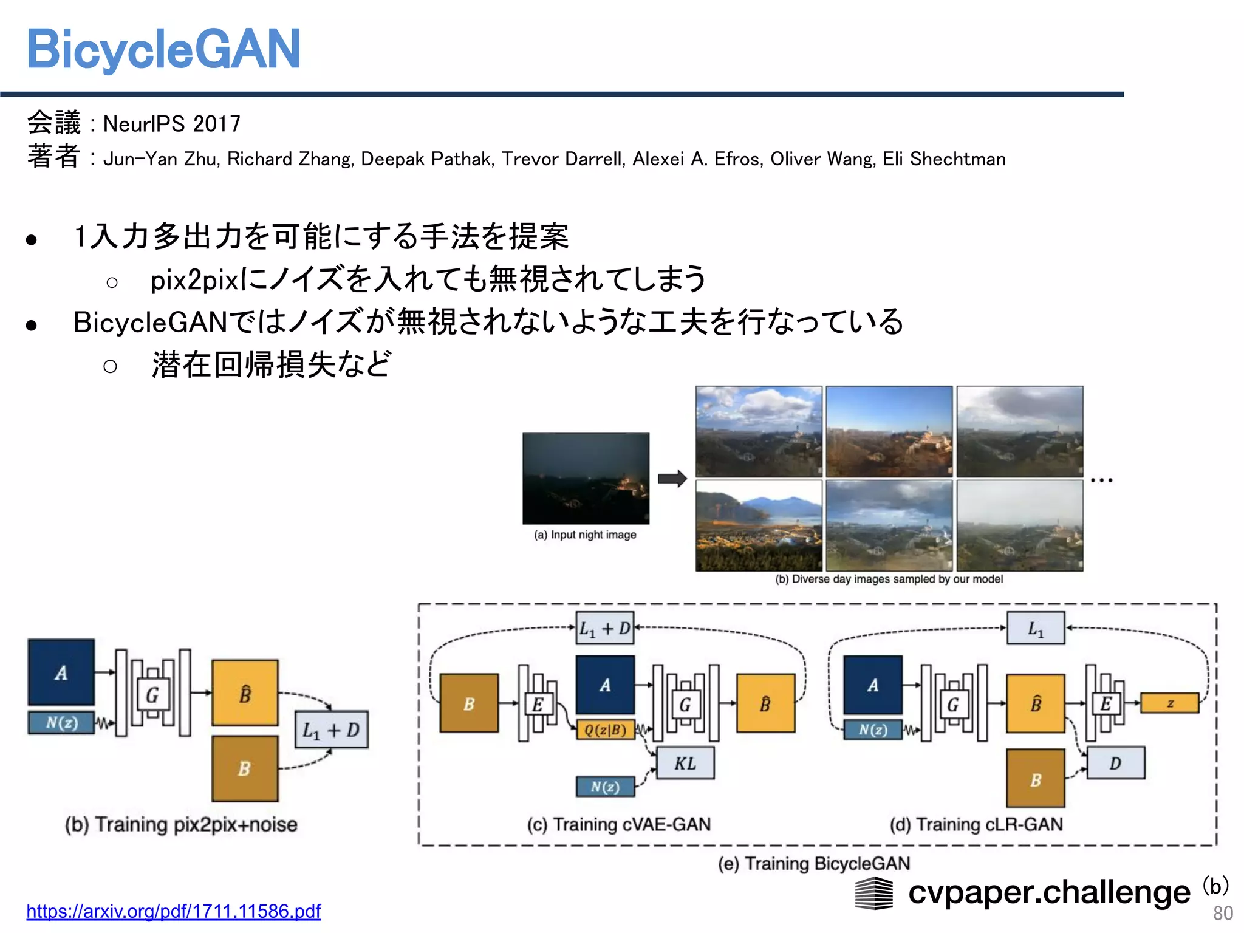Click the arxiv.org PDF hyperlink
(173, 911)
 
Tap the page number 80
(1222, 913)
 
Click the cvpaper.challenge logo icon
(874, 893)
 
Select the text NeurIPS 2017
(172, 124)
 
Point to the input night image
(586, 478)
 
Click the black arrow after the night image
(672, 478)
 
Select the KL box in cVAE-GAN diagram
(685, 763)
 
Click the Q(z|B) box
(605, 730)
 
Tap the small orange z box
(1169, 703)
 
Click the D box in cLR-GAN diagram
(1115, 763)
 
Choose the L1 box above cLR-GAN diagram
(1036, 628)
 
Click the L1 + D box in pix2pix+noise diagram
(331, 730)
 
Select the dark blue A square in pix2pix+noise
(61, 672)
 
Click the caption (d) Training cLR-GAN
(976, 824)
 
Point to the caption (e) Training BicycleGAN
(813, 863)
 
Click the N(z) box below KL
(605, 787)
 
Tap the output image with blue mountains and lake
(758, 525)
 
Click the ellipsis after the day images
(1101, 480)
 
